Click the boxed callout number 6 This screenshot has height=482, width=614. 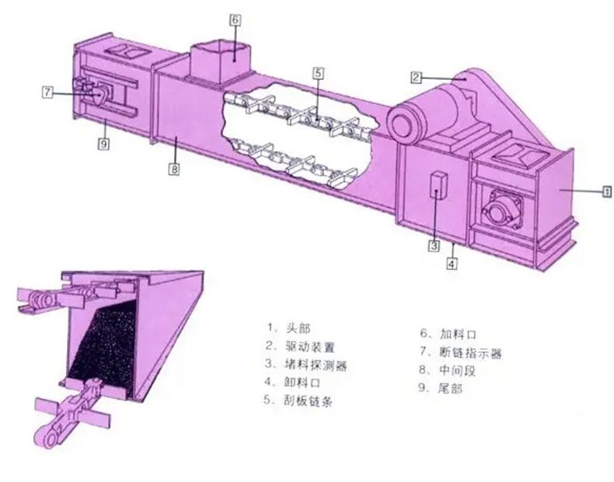tap(235, 20)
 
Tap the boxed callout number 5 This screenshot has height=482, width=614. tap(319, 73)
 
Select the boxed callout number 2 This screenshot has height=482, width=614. tap(417, 77)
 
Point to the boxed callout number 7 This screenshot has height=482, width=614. tap(47, 93)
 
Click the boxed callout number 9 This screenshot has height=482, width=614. tap(103, 144)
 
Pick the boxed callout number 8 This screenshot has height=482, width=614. tap(174, 169)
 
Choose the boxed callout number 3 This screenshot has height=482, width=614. tap(434, 246)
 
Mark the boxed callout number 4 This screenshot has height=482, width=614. tap(452, 264)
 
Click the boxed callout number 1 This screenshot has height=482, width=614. tap(607, 191)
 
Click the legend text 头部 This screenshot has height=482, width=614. tap(298, 328)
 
